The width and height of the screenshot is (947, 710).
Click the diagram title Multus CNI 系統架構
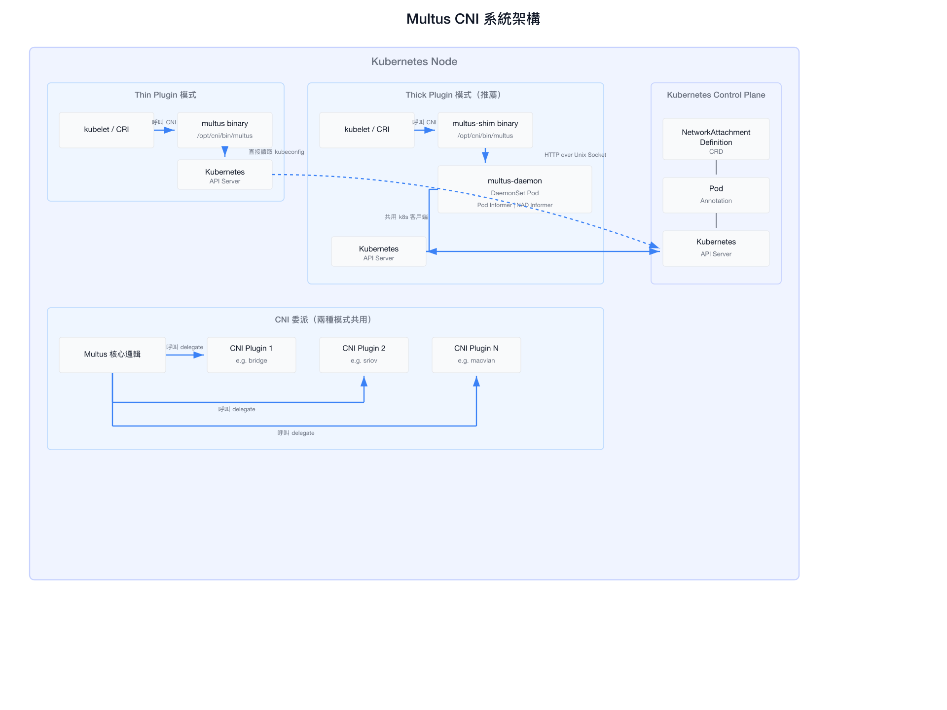click(473, 19)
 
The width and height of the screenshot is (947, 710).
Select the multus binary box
click(225, 130)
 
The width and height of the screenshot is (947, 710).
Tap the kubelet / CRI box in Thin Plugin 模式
click(107, 130)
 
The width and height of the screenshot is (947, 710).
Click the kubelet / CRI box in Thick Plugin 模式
click(367, 130)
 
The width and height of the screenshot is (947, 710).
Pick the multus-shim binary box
click(485, 130)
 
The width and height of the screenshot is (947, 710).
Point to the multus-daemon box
click(515, 189)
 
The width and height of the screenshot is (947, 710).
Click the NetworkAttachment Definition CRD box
click(716, 139)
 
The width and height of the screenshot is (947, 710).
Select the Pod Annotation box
click(716, 195)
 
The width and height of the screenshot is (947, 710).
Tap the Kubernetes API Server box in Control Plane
click(716, 248)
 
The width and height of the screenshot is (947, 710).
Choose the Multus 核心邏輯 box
click(112, 355)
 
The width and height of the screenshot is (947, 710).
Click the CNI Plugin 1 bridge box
click(252, 355)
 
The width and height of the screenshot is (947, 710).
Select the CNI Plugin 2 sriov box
click(364, 355)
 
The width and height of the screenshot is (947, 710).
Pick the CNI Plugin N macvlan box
click(476, 355)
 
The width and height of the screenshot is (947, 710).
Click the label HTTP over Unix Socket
click(575, 155)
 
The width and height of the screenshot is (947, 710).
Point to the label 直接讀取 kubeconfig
click(276, 152)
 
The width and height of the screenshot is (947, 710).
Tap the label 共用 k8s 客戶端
click(406, 217)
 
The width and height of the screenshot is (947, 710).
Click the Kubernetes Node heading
click(414, 62)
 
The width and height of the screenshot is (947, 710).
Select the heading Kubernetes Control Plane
click(716, 95)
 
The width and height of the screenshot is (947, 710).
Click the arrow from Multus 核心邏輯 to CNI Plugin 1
click(185, 355)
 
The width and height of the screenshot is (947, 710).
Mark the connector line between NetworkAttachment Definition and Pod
click(716, 167)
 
